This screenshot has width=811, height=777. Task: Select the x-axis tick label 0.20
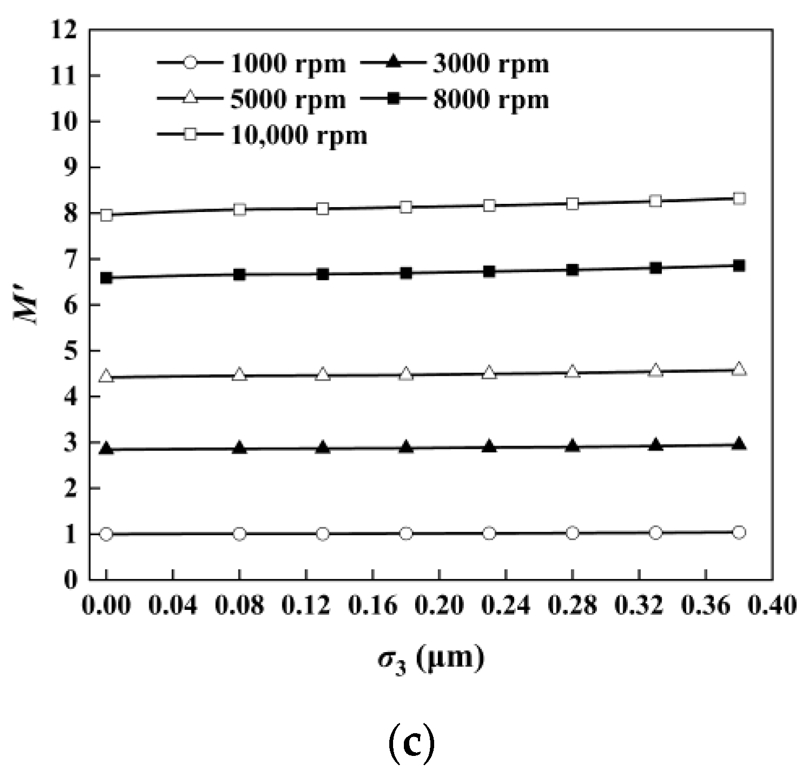[x=439, y=607]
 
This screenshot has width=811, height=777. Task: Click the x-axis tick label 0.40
[x=772, y=607]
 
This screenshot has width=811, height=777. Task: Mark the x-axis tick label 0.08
[x=240, y=607]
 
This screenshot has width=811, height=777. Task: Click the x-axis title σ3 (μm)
[x=430, y=659]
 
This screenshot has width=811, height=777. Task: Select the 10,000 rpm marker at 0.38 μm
[x=739, y=198]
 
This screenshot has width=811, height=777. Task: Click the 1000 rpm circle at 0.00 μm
[x=107, y=534]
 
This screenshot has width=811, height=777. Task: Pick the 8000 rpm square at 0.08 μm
[x=240, y=275]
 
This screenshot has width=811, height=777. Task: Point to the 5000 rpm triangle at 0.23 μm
[x=489, y=373]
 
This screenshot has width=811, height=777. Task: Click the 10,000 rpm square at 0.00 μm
[x=107, y=215]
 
